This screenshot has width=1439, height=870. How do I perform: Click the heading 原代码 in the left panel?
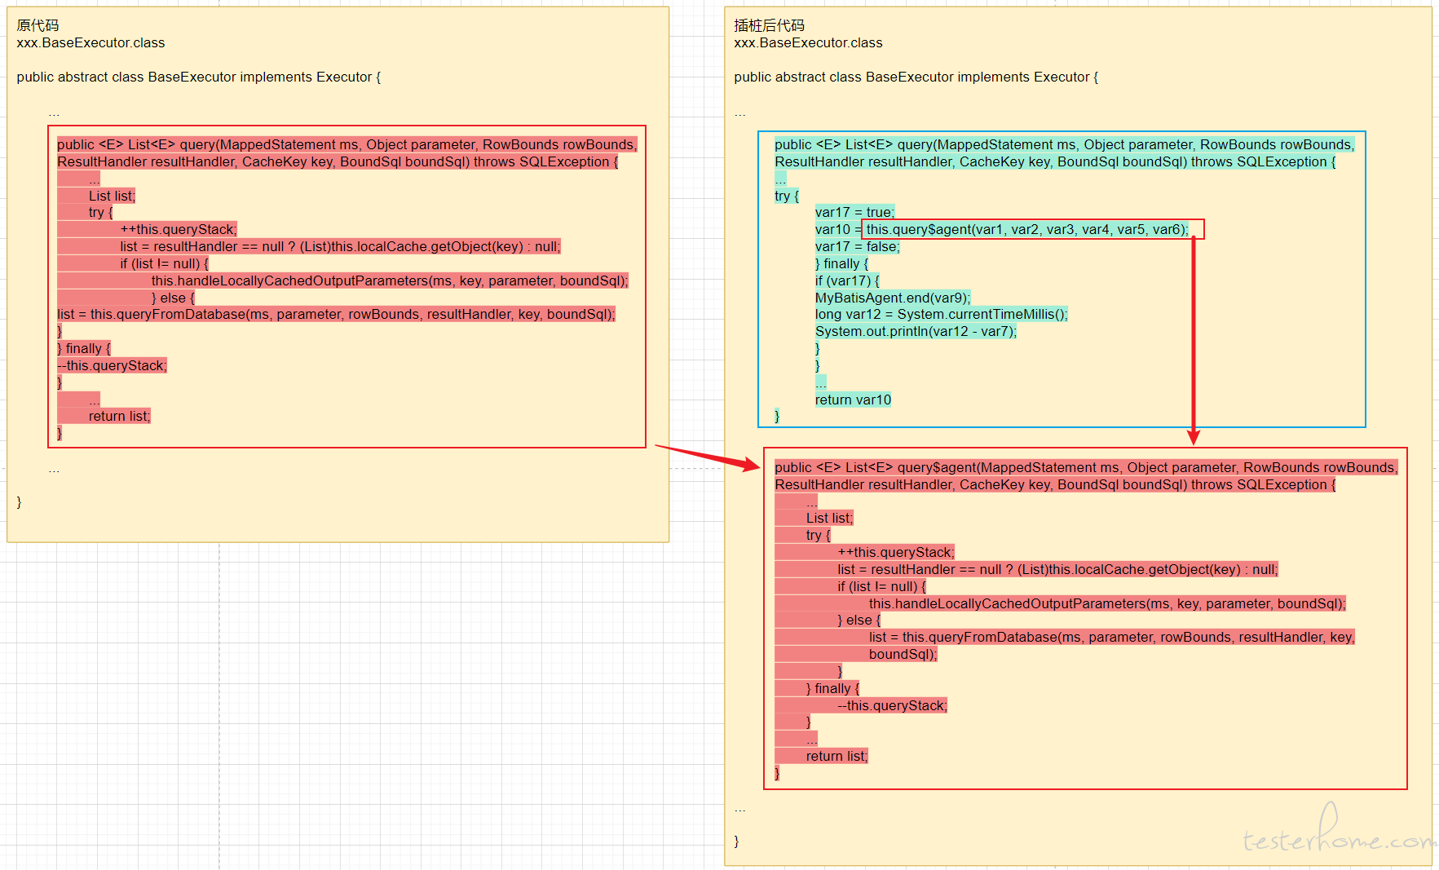(38, 25)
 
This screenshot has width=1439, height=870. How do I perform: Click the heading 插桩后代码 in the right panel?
(769, 25)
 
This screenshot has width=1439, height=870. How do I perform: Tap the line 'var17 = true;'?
(854, 212)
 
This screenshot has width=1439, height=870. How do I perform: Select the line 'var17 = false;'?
(857, 246)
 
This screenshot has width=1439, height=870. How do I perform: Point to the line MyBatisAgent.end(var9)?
(893, 298)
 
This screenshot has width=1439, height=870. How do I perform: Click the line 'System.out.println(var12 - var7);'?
(916, 331)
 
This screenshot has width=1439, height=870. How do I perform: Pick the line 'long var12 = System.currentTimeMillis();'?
(941, 314)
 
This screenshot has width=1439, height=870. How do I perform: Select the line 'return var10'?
(853, 400)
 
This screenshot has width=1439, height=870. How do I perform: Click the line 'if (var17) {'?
(847, 280)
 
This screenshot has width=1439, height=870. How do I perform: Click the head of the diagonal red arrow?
(755, 466)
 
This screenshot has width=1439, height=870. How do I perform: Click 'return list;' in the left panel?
(119, 416)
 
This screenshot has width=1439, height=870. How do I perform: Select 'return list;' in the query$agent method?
(836, 756)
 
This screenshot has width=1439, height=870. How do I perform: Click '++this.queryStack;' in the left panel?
(179, 229)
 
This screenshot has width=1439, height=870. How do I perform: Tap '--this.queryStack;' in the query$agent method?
(892, 705)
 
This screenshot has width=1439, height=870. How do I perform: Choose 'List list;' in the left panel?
(112, 196)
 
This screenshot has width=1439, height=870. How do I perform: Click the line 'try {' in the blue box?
(787, 196)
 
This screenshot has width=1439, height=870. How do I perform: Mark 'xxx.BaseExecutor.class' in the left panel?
(90, 42)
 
